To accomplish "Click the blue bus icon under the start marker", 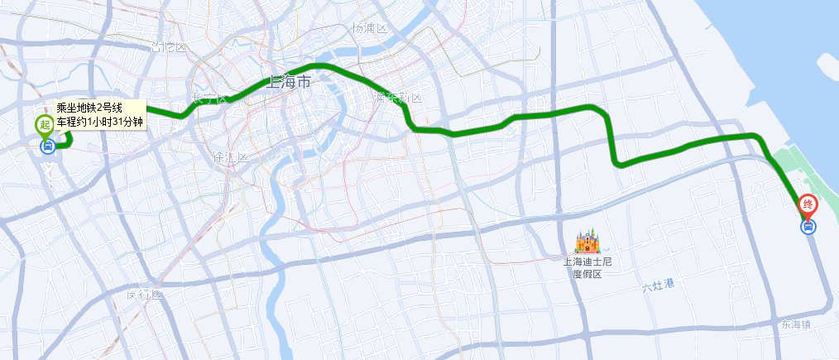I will point(47,147).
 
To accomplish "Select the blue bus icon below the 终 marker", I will point(808,226).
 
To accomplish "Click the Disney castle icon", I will point(586,242).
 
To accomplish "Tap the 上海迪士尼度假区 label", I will point(586,267).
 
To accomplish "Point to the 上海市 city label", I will point(289,83).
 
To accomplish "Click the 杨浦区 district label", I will point(369,28).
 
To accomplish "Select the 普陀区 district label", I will point(168,46).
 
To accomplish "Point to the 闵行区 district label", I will point(145,295).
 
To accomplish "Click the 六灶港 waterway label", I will point(659,286).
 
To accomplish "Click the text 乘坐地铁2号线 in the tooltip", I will point(89,108).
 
